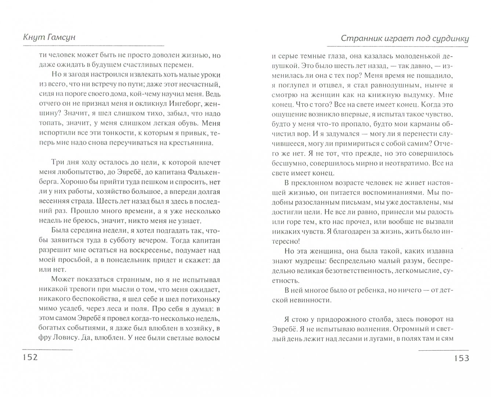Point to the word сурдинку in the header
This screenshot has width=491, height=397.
coord(449,38)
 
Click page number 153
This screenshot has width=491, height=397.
coord(461,358)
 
